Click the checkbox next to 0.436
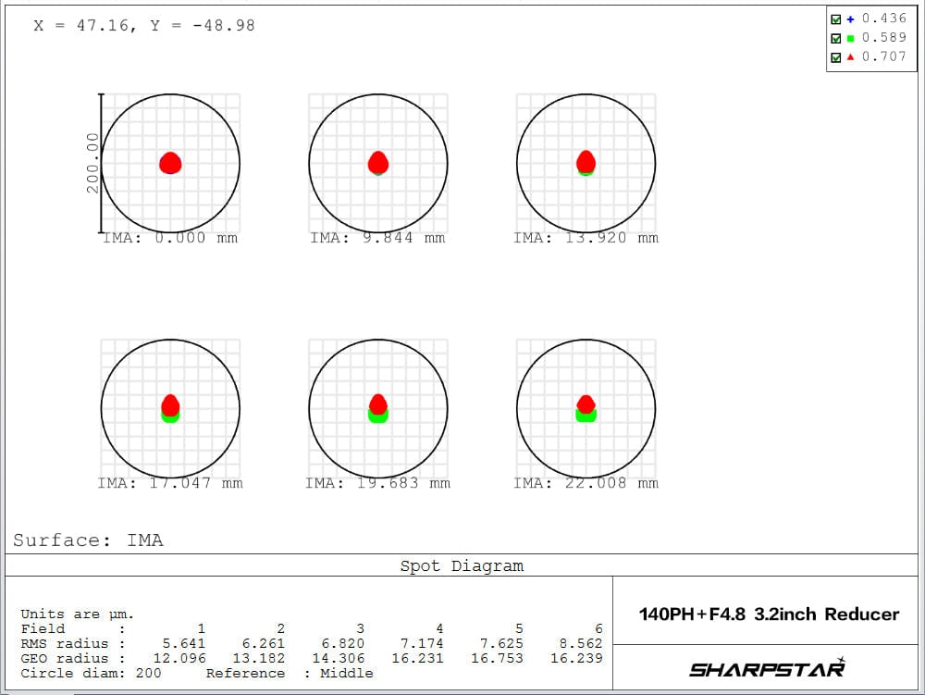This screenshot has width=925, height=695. click(x=836, y=19)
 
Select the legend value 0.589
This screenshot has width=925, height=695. click(x=883, y=38)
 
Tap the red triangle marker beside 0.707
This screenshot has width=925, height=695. click(x=850, y=57)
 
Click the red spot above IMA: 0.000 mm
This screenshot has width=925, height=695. click(x=170, y=164)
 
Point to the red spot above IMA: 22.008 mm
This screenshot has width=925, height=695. click(x=586, y=403)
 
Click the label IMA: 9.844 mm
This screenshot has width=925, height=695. click(x=377, y=238)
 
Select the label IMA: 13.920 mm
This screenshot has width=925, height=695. click(x=586, y=238)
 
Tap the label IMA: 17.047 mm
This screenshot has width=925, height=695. click(x=170, y=483)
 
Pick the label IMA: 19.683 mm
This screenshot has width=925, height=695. click(x=377, y=483)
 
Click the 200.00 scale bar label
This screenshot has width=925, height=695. click(x=92, y=163)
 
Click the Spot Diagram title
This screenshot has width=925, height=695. click(x=462, y=566)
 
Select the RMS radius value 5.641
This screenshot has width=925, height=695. click(x=184, y=643)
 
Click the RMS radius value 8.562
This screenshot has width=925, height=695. click(x=581, y=643)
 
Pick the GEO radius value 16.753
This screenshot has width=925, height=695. click(x=501, y=658)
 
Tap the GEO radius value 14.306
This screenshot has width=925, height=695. click(x=343, y=658)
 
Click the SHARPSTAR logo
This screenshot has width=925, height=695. click(x=768, y=668)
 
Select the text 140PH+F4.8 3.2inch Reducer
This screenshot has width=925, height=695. click(x=769, y=614)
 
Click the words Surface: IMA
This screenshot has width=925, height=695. click(x=88, y=540)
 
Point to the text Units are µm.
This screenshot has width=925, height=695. click(x=77, y=614)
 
